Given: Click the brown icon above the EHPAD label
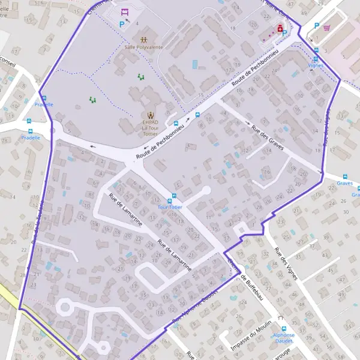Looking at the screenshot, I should click(x=149, y=114).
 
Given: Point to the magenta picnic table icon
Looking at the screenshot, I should click(x=125, y=11).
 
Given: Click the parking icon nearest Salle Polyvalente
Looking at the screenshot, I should click(x=122, y=25).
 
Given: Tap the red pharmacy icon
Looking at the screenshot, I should click(x=280, y=28).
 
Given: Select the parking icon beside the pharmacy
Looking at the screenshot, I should click(x=284, y=35).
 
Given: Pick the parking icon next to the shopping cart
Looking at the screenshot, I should click(x=316, y=25).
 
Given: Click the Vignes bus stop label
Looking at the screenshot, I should click(x=316, y=65).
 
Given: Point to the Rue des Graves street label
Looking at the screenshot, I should click(x=268, y=138).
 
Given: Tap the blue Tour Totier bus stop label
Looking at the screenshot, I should click(x=170, y=207).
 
